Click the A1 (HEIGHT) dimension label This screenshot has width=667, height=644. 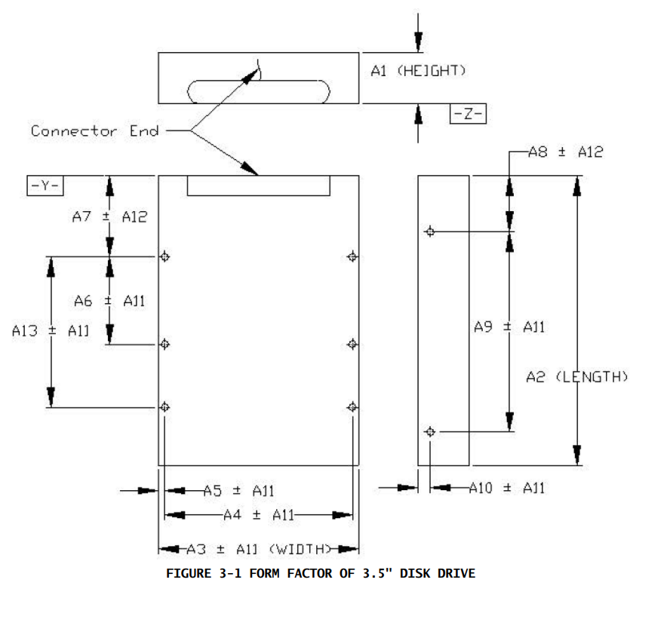(418, 71)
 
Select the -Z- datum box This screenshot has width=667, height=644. (468, 114)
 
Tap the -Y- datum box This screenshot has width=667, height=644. (45, 186)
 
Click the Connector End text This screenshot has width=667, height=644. (95, 131)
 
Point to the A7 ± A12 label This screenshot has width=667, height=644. (109, 217)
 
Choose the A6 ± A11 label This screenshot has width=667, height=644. (109, 301)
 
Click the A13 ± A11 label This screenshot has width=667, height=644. (51, 330)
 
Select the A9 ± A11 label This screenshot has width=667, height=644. (509, 327)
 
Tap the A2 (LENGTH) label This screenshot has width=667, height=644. (577, 376)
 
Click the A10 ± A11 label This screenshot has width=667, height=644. (506, 488)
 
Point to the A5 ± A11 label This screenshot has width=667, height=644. (238, 491)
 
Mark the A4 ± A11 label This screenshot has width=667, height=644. (259, 515)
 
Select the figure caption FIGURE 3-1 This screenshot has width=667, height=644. (321, 574)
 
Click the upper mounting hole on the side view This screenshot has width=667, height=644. (430, 231)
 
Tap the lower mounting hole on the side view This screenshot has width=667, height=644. (430, 431)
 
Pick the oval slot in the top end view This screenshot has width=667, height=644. (259, 90)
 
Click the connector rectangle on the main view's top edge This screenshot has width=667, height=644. (259, 186)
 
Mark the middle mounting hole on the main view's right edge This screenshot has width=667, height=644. (352, 344)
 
